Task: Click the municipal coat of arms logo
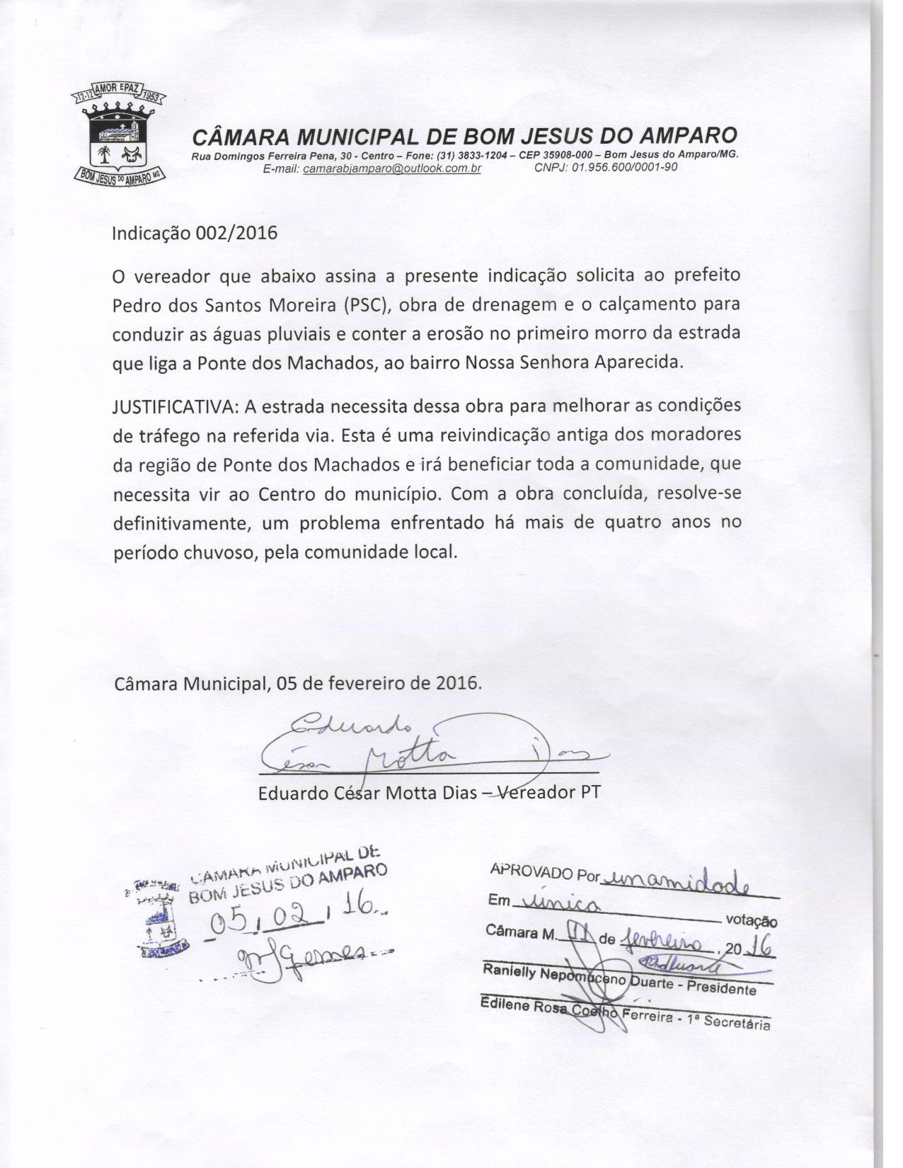tap(119, 137)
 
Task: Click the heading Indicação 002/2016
tap(195, 233)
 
